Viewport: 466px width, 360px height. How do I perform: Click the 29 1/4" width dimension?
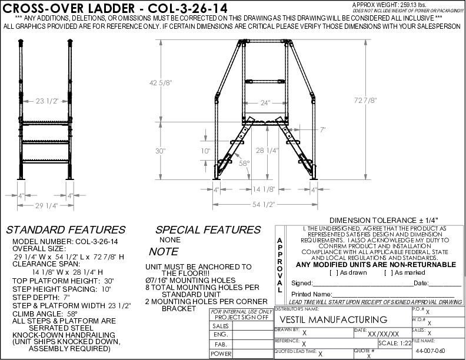click(x=46, y=205)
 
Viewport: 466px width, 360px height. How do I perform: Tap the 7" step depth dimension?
click(x=322, y=128)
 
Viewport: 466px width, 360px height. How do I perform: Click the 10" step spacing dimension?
click(x=204, y=151)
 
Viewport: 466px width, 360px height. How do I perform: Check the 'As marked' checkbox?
click(x=386, y=272)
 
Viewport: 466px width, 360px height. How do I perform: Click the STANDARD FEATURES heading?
click(x=65, y=230)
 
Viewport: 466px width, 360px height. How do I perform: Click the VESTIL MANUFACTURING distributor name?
click(x=332, y=319)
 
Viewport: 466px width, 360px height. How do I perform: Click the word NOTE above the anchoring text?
click(x=164, y=251)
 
